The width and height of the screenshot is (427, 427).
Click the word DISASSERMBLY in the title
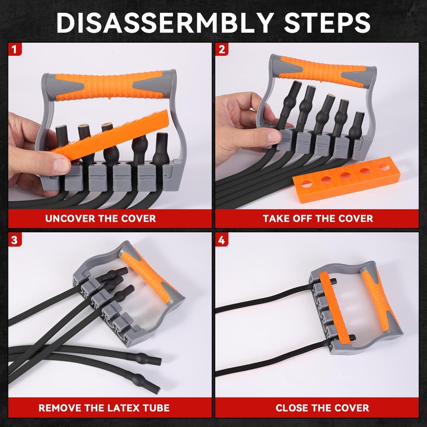(165, 22)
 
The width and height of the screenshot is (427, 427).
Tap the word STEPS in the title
(327, 22)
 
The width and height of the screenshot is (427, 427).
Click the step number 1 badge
(15, 49)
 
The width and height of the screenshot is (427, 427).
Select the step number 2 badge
(222, 49)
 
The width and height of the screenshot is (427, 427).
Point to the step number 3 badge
(15, 240)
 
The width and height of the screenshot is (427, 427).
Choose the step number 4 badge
(222, 240)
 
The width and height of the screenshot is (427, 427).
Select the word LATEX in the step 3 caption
(120, 408)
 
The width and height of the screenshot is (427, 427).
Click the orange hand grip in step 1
(109, 85)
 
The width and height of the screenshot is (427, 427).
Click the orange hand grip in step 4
(380, 299)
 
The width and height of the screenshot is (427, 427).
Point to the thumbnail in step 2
(273, 137)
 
